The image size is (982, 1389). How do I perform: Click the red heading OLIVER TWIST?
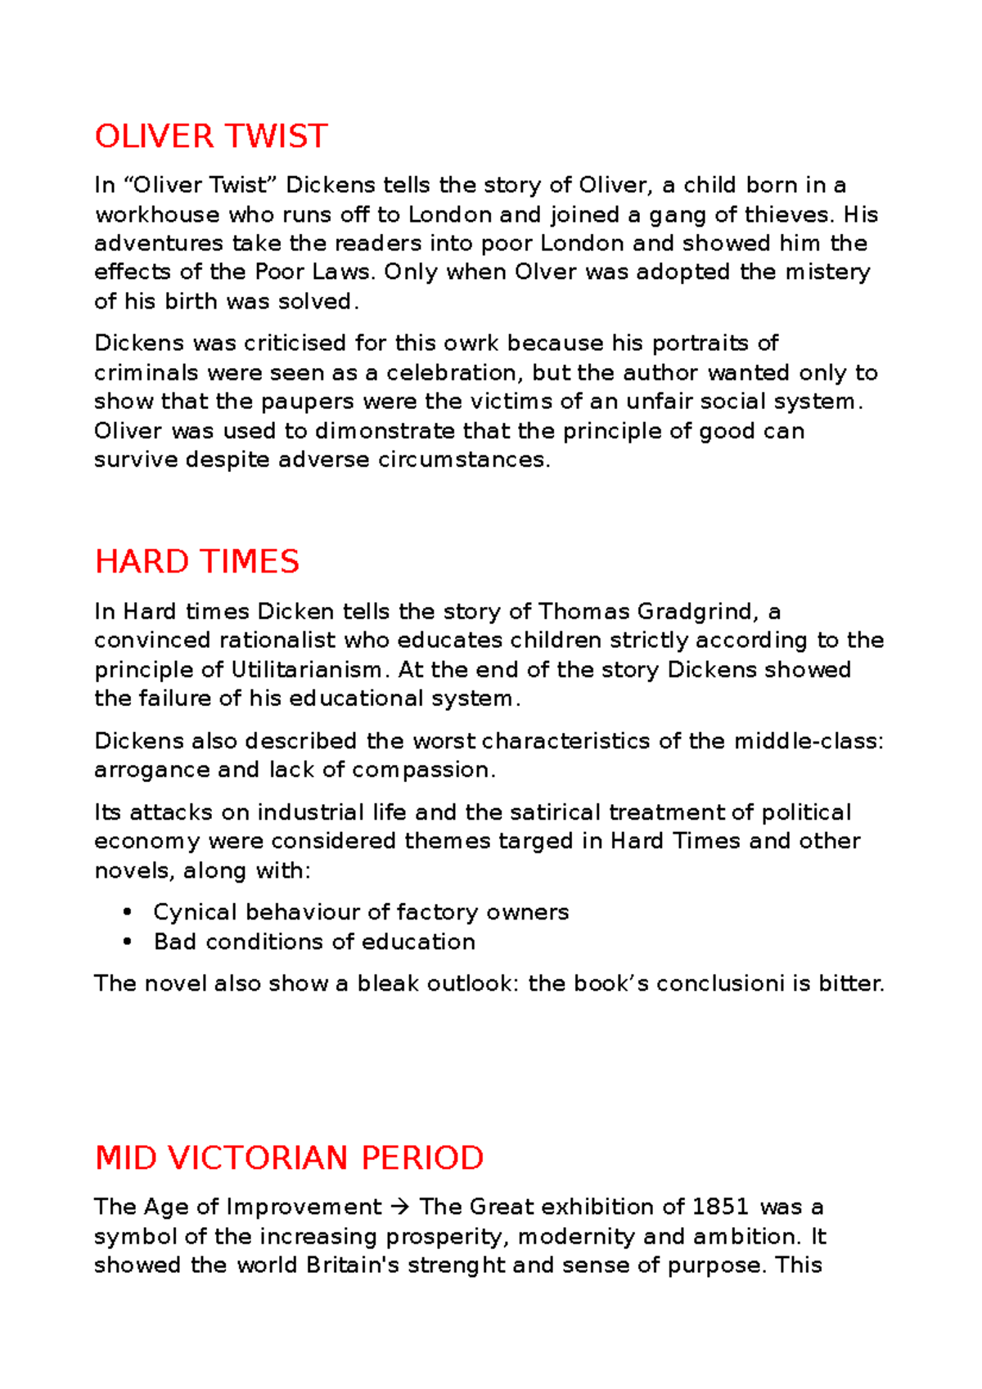click(211, 136)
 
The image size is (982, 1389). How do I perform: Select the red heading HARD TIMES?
click(197, 562)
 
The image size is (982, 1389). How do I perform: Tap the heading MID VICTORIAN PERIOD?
click(289, 1158)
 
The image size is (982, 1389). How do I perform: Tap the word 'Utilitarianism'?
click(306, 670)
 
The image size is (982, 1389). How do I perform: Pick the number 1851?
click(720, 1207)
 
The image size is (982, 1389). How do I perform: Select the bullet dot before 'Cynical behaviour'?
click(127, 912)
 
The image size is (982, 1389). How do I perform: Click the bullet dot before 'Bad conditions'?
click(127, 942)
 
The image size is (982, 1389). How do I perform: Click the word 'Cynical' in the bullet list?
click(195, 912)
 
